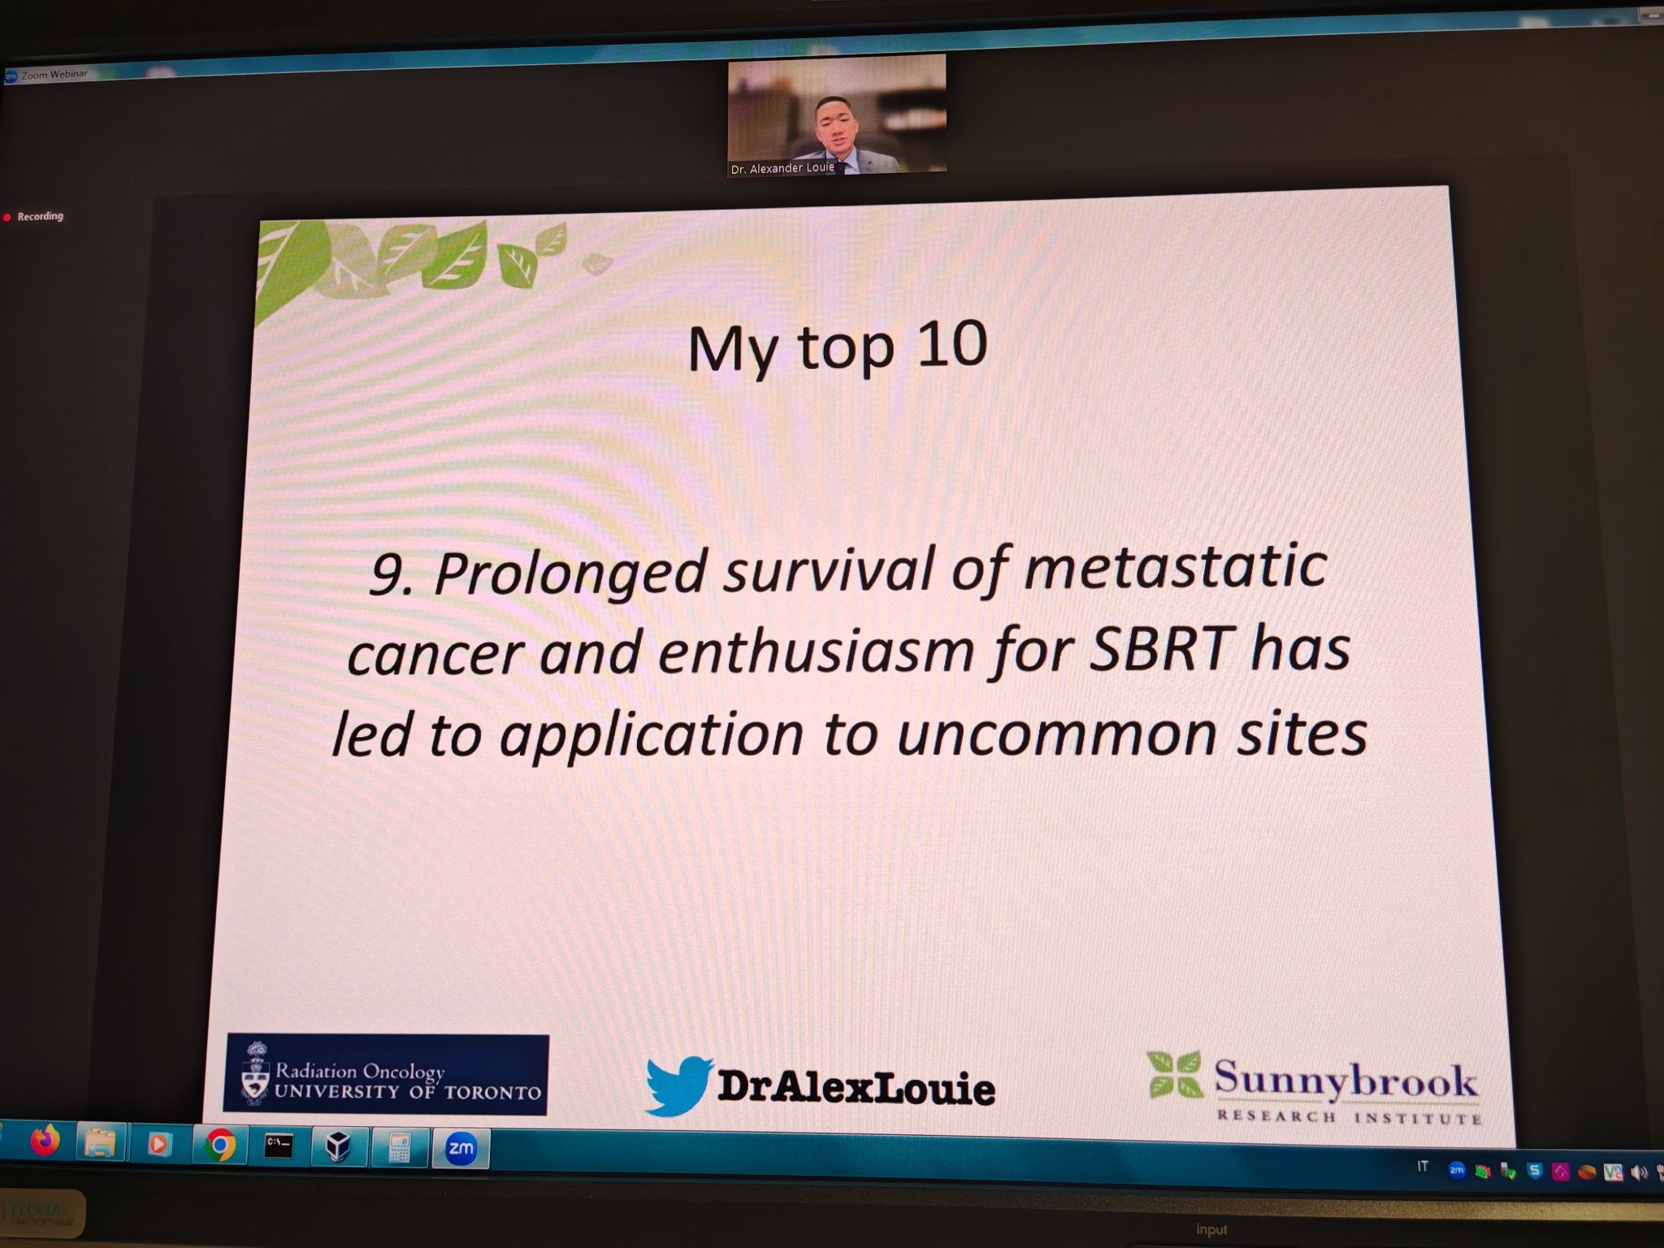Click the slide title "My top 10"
tap(838, 348)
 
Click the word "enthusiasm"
tap(816, 651)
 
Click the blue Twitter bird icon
tap(679, 1085)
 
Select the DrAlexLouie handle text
tap(856, 1087)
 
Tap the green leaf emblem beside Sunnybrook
tap(1174, 1074)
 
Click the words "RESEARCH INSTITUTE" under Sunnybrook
tap(1349, 1117)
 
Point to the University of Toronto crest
tap(256, 1075)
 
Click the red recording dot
tap(7, 217)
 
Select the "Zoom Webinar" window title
tap(54, 75)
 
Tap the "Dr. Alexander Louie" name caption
tap(782, 169)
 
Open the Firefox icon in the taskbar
tap(45, 1141)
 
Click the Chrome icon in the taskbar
tap(220, 1145)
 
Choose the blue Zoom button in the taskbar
tap(461, 1148)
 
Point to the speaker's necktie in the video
tap(843, 165)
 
